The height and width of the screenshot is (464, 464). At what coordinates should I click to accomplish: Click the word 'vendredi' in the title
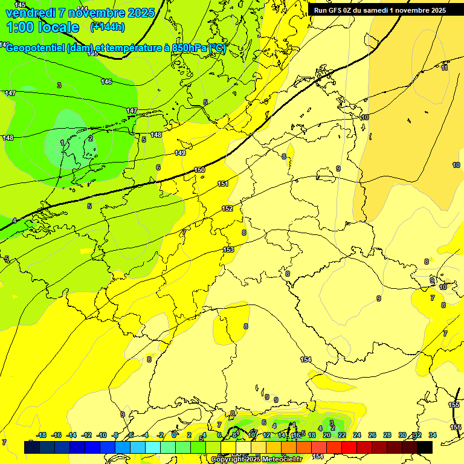coord(30,13)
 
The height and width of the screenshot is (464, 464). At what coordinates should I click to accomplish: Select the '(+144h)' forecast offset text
coord(108,27)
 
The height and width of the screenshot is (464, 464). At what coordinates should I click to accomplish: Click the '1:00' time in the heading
coord(20,27)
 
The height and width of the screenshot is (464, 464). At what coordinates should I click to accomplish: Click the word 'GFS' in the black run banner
coord(337,10)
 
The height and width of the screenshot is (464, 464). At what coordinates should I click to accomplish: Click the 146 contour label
coord(106,82)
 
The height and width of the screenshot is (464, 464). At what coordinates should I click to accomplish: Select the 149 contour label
coord(180,153)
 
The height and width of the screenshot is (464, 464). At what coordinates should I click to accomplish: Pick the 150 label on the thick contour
coord(200,170)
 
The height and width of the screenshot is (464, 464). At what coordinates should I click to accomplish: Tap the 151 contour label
coord(223,184)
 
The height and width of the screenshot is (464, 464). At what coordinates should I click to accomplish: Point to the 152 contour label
coord(227,208)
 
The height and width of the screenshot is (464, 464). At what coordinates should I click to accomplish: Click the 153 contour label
coord(228,250)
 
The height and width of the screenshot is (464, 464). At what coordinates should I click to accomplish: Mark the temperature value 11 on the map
coord(445,68)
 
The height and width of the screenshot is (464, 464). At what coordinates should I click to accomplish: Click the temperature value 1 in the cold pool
coord(62,143)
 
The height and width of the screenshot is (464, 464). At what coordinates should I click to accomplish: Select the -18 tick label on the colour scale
coord(42,435)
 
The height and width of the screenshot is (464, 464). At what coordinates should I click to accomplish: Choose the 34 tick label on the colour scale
coord(432,435)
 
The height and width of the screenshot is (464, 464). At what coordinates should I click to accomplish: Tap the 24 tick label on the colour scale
coord(357,435)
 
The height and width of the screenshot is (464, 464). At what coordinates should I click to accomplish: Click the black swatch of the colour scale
coord(424,447)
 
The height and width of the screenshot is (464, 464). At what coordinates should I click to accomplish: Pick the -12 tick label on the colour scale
coord(86,435)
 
